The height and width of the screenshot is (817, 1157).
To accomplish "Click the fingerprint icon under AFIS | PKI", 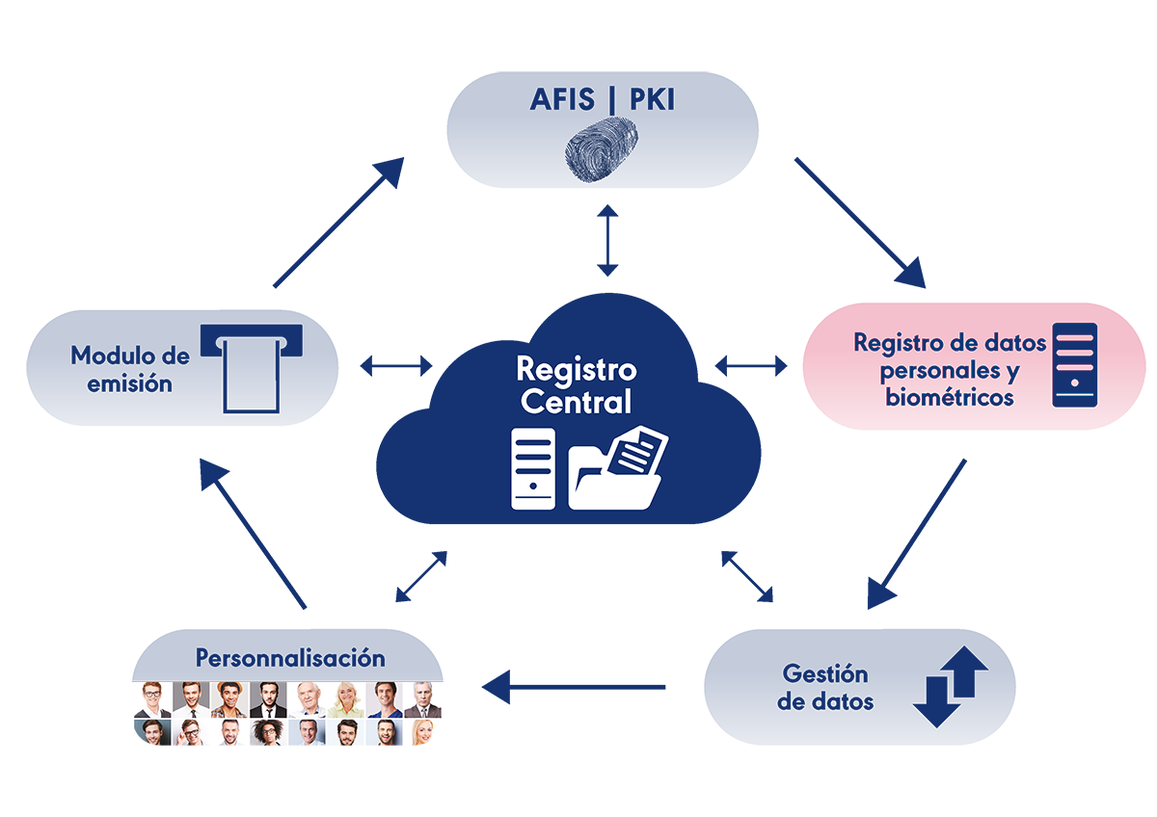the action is pyautogui.click(x=602, y=149).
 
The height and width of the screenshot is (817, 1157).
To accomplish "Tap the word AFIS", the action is pyautogui.click(x=562, y=99).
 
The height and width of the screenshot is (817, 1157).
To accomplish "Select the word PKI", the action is pyautogui.click(x=653, y=99).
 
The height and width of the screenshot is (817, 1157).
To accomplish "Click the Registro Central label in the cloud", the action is pyautogui.click(x=577, y=385).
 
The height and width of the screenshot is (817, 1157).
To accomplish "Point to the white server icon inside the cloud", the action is pyautogui.click(x=533, y=468).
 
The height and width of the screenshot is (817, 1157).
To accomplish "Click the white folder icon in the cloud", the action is pyautogui.click(x=618, y=467).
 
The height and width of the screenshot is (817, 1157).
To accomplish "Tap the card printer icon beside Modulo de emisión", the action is pyautogui.click(x=252, y=368).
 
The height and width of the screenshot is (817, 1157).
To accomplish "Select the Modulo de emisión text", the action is pyautogui.click(x=130, y=370).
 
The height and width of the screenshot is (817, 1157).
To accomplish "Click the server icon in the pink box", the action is pyautogui.click(x=1075, y=365).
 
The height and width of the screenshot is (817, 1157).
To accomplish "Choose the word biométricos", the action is pyautogui.click(x=950, y=397).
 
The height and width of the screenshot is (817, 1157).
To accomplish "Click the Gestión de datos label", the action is pyautogui.click(x=825, y=688).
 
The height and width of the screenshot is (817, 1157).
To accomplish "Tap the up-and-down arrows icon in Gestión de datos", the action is pyautogui.click(x=951, y=686).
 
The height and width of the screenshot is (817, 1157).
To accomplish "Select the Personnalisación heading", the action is pyautogui.click(x=290, y=658).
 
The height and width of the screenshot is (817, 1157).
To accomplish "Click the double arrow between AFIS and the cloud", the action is pyautogui.click(x=607, y=240).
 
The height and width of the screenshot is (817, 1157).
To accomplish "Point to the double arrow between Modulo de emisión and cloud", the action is pyautogui.click(x=396, y=366).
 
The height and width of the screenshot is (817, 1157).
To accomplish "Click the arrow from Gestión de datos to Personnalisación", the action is pyautogui.click(x=574, y=687).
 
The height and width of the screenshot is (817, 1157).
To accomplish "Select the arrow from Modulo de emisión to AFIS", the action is pyautogui.click(x=338, y=222).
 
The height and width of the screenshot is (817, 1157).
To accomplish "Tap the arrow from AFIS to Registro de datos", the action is pyautogui.click(x=860, y=223).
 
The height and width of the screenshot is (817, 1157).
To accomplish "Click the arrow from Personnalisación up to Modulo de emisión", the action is pyautogui.click(x=253, y=534).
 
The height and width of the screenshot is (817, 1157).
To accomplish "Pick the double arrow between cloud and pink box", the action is pyautogui.click(x=751, y=366).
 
